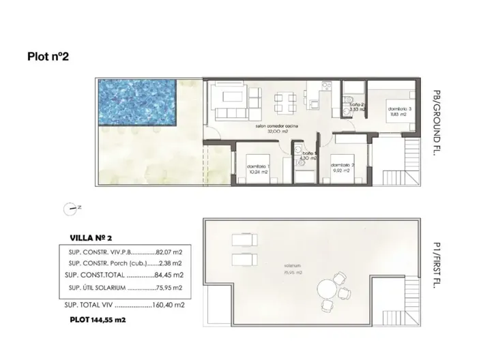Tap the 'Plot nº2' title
pos(48,58)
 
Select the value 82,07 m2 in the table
pos(171,251)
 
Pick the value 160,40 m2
pos(171,305)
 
